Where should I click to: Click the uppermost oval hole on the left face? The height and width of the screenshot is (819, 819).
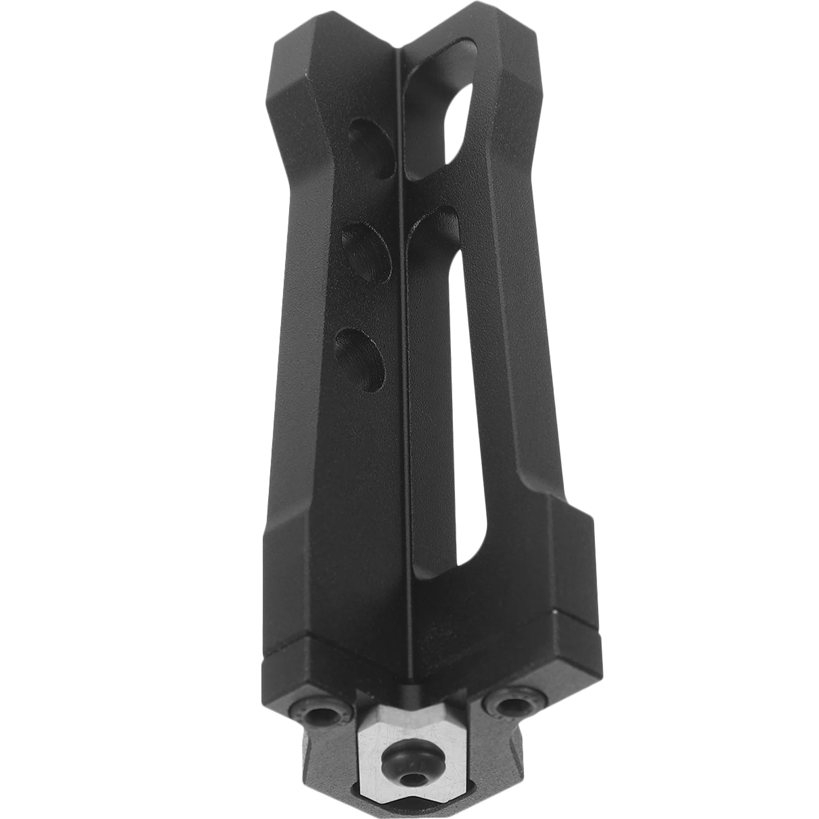(x=373, y=149)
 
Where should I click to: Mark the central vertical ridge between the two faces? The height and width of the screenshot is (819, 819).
(x=404, y=358)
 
